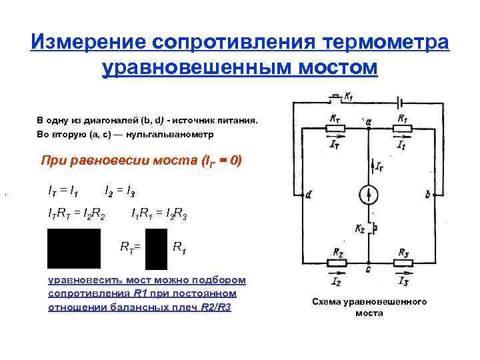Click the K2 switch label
tap(360, 229)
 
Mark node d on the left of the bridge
tap(309, 195)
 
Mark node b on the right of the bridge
tap(427, 195)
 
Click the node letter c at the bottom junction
tap(369, 269)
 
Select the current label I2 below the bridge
tap(336, 283)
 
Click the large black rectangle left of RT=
tap(73, 248)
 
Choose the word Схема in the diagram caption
tap(327, 302)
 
